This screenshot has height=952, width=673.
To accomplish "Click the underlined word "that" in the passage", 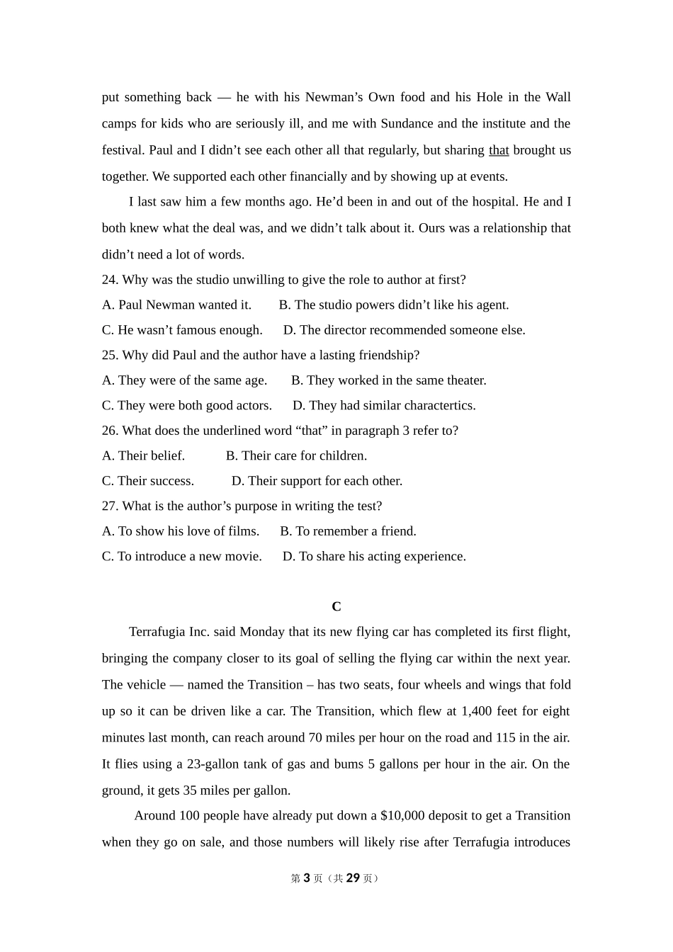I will click(499, 150).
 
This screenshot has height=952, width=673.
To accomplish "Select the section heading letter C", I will click(336, 607).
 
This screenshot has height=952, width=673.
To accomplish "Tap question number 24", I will click(110, 280).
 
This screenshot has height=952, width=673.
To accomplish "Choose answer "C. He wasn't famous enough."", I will click(182, 330).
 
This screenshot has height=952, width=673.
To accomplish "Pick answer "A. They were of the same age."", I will click(184, 380).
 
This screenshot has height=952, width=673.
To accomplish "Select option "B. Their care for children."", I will click(296, 456).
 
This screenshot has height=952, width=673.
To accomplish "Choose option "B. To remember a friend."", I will click(348, 531).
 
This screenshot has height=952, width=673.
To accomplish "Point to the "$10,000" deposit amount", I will click(402, 816).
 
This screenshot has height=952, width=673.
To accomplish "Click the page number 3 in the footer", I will click(307, 878).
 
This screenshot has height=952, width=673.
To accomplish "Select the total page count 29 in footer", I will click(353, 878).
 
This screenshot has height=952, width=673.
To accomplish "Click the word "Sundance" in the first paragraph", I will click(407, 124).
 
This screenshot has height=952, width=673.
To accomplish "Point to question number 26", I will click(110, 431).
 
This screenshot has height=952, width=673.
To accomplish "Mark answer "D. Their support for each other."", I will click(317, 481).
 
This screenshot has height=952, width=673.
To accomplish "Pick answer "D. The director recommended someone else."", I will click(404, 330).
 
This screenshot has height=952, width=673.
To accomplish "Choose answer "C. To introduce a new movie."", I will click(181, 557).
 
